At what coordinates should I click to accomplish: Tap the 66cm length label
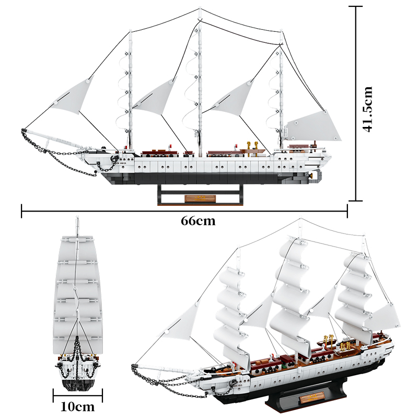pyautogui.click(x=198, y=220)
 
